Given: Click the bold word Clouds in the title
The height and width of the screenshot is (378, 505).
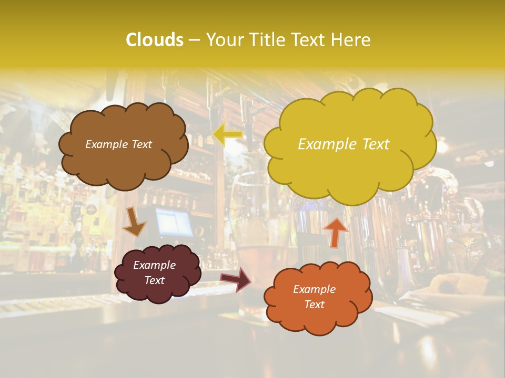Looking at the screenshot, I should (154, 40).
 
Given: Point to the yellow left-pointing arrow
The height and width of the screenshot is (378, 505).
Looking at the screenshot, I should (227, 134).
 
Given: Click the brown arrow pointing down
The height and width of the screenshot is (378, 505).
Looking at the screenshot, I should (134, 222).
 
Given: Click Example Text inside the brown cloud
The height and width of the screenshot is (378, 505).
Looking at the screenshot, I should (118, 144).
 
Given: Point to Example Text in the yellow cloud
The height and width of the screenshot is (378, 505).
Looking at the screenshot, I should (344, 144).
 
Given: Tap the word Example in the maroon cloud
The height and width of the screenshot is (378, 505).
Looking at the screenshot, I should (154, 265).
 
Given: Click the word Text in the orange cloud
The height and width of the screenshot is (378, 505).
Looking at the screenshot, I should (314, 304).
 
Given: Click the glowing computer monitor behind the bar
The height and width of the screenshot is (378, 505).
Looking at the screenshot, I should (174, 222).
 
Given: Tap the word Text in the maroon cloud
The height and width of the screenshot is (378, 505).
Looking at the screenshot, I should (154, 280).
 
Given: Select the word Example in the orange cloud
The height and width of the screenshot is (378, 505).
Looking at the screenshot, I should (314, 289).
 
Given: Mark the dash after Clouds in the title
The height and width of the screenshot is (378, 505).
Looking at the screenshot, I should (194, 40).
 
